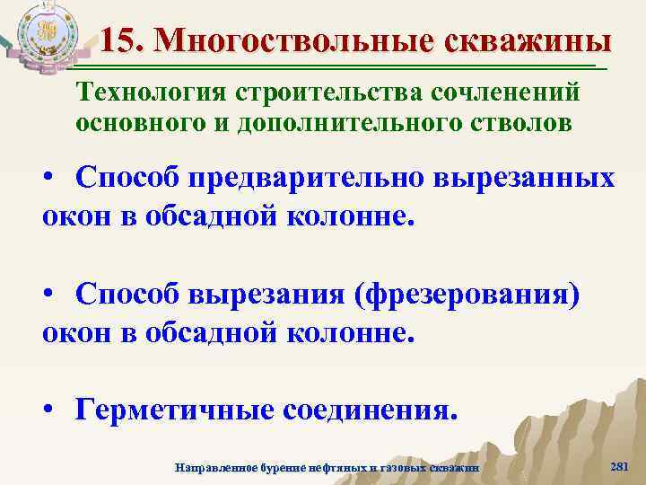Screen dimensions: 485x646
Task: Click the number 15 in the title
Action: click(x=119, y=41)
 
